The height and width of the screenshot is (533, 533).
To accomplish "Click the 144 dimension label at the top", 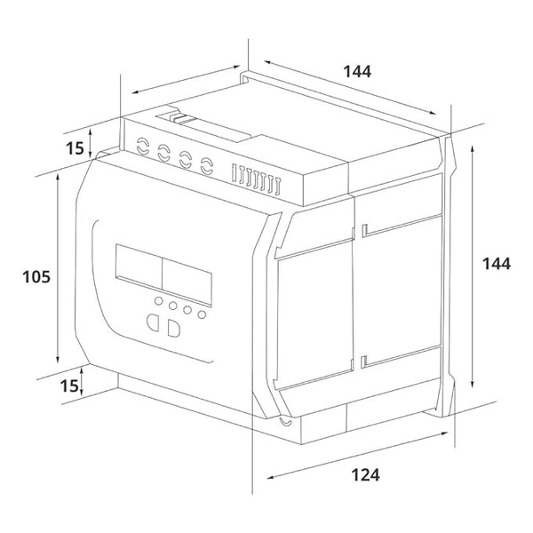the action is (357, 71).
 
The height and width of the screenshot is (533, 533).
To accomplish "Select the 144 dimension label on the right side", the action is (497, 264).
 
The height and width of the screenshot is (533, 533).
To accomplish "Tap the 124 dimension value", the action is (365, 475).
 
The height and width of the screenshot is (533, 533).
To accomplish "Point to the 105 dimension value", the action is (36, 276).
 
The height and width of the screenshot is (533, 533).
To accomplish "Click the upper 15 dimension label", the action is (75, 148).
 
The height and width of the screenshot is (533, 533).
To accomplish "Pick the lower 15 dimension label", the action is (69, 386).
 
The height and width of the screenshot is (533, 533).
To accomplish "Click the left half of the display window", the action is (139, 266).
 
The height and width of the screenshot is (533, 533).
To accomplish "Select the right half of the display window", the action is (187, 282).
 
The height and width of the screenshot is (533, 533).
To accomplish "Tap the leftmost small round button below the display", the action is (158, 300).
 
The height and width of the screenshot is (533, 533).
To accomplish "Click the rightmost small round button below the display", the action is (202, 314).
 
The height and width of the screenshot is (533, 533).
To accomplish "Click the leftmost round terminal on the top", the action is (143, 146).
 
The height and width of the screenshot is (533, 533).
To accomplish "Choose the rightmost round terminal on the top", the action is (207, 166).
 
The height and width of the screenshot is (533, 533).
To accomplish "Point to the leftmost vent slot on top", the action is (234, 172).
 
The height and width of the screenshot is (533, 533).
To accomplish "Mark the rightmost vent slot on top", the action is (278, 187).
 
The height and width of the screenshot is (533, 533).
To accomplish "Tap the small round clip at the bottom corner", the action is (285, 421).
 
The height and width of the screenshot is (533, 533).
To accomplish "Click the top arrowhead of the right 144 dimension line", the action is (473, 149).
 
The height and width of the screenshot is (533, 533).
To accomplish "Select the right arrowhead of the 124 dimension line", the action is (444, 434).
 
